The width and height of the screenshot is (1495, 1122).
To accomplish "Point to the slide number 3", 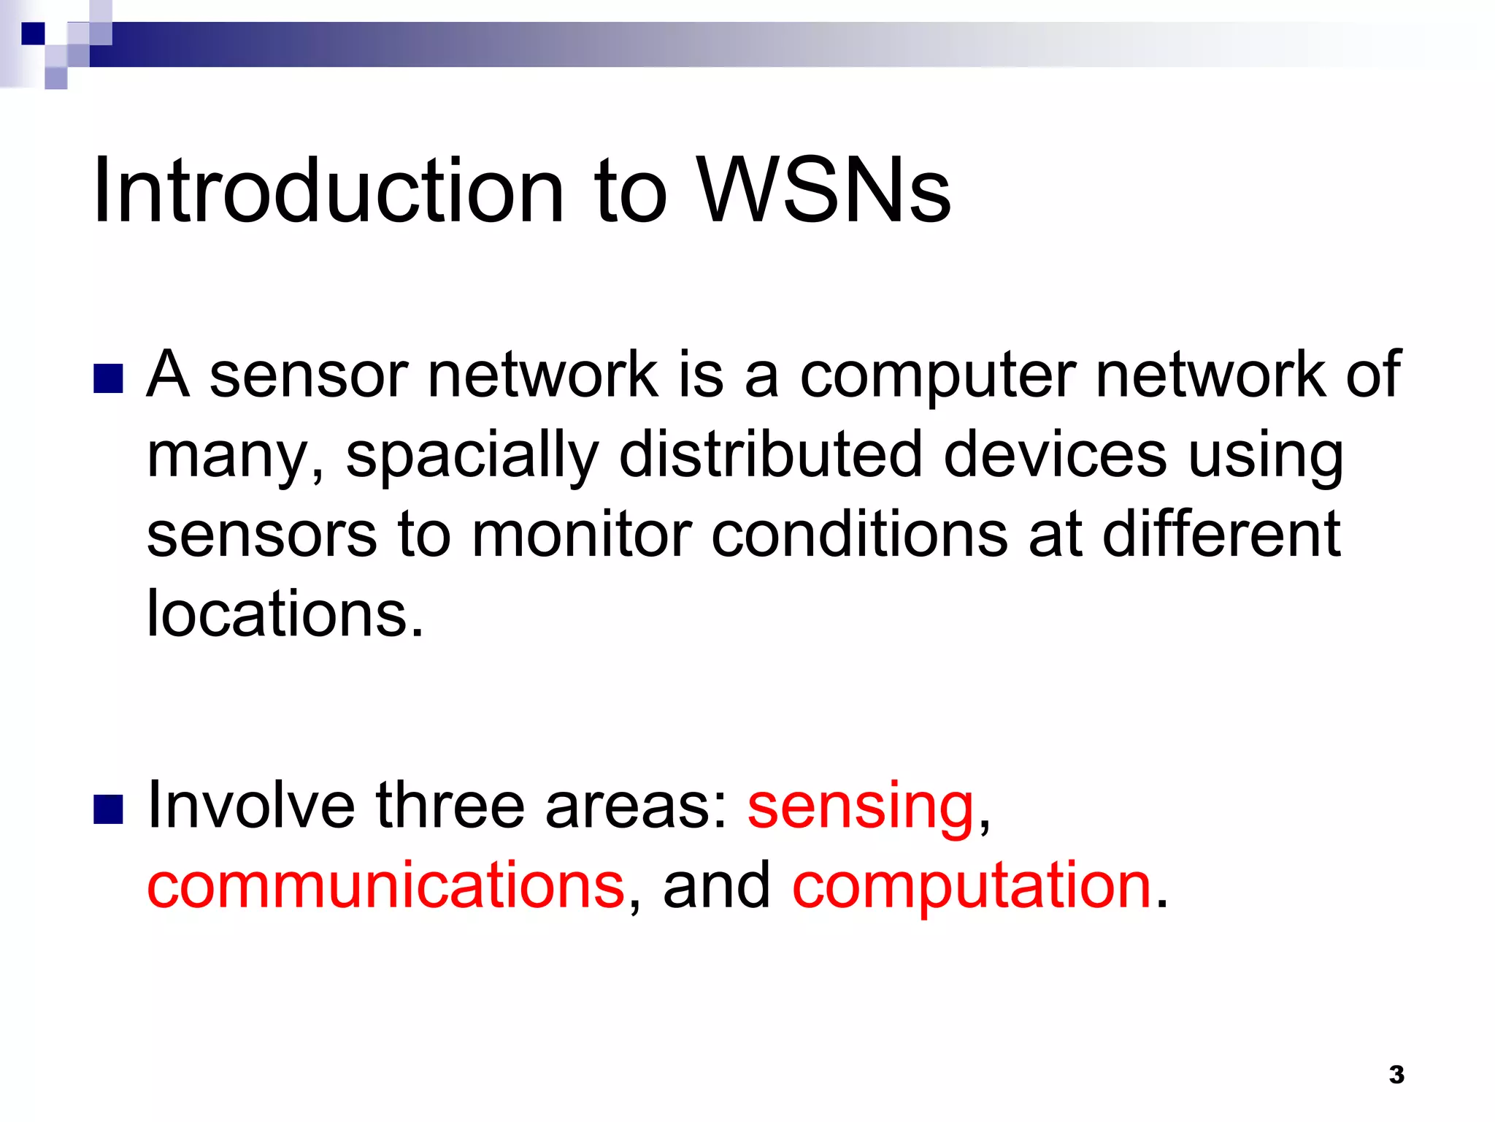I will point(1396,1075).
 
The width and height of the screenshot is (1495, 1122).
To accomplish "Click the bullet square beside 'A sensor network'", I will point(108,379).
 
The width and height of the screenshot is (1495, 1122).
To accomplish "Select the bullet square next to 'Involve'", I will point(108,809).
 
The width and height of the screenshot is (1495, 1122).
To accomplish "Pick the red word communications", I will point(385,885).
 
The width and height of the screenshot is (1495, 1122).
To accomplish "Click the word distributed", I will point(770,454).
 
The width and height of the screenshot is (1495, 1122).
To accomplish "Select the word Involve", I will point(251,806).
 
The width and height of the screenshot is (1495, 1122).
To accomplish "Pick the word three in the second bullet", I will point(450,806).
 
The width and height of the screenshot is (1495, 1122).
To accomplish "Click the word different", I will point(1221,535).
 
